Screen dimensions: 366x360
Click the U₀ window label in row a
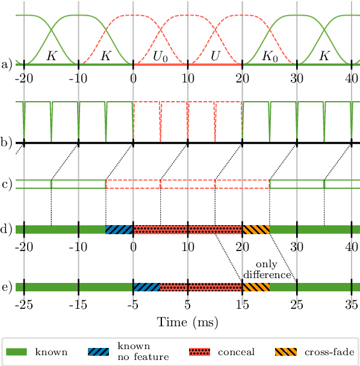160,56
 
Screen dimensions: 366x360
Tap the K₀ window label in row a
270,56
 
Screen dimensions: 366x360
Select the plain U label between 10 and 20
215,56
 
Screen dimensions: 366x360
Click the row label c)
7,184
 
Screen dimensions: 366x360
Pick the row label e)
7,287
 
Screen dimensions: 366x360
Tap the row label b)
7,143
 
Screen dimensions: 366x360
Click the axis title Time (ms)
187,322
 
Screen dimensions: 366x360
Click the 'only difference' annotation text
267,270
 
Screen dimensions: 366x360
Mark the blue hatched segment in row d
119,229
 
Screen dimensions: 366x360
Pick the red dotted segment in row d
187,229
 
